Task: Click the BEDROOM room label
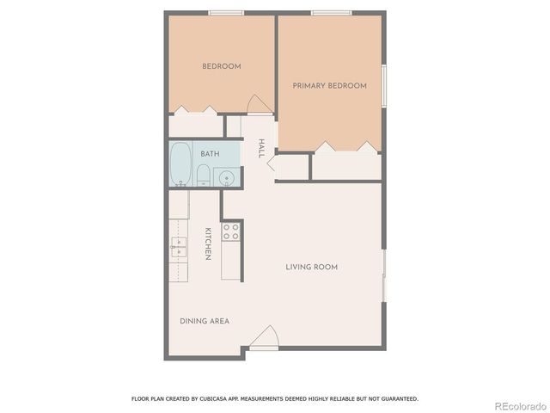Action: [221, 66]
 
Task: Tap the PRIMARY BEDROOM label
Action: [329, 86]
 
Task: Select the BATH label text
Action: [210, 154]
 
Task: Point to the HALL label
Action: [260, 148]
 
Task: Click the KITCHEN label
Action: [208, 243]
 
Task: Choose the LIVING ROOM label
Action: [311, 268]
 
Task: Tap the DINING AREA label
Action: [204, 321]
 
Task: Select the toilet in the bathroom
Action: [203, 176]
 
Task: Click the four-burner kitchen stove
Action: [231, 231]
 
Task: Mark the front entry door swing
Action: [266, 336]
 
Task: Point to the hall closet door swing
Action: [272, 163]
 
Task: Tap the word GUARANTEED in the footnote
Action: [395, 399]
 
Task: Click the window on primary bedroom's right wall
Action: [384, 86]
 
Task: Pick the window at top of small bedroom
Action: [225, 12]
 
